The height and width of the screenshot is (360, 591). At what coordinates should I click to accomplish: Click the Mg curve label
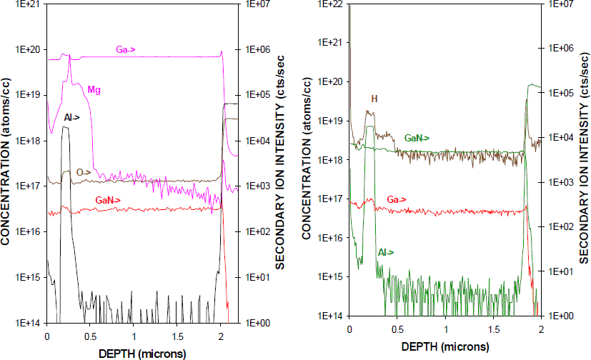(x=94, y=90)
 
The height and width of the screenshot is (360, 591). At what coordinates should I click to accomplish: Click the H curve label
(x=374, y=98)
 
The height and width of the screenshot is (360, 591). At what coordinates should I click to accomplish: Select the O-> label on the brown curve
(x=84, y=172)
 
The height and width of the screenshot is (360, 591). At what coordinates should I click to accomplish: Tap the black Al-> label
(x=71, y=116)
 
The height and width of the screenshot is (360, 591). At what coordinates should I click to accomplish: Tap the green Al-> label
(x=386, y=252)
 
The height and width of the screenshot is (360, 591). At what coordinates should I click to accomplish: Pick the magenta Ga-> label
(x=126, y=49)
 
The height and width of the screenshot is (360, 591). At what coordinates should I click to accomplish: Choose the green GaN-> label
(x=417, y=136)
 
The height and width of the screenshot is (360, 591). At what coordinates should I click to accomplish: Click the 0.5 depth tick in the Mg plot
(x=90, y=335)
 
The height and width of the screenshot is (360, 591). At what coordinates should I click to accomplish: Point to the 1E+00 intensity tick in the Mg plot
(x=259, y=323)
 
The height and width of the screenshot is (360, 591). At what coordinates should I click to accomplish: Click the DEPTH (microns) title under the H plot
(x=445, y=346)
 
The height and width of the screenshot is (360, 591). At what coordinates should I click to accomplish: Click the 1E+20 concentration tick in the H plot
(x=333, y=82)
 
